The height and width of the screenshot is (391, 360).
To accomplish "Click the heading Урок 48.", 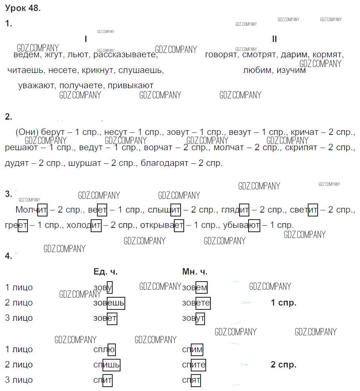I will point(23,8).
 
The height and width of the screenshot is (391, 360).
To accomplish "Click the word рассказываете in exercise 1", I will point(125,55).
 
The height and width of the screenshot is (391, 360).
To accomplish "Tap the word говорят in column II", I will point(221,55).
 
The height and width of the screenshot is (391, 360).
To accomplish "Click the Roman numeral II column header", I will point(274,39).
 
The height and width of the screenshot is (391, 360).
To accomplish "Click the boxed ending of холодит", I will point(96,225).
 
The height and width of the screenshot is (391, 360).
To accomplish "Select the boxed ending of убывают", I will point(254,225).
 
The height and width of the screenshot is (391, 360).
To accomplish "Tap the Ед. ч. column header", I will point(106,272).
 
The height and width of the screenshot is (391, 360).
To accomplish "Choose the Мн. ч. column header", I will point(195,272).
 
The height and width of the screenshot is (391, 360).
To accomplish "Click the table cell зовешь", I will point(109,303).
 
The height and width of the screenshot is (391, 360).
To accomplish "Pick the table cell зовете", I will point(196,303).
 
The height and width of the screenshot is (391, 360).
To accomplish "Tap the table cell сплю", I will point(104,349).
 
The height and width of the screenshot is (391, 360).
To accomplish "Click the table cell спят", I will point(191,380).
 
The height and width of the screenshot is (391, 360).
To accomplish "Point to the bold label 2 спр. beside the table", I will point(283,365).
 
